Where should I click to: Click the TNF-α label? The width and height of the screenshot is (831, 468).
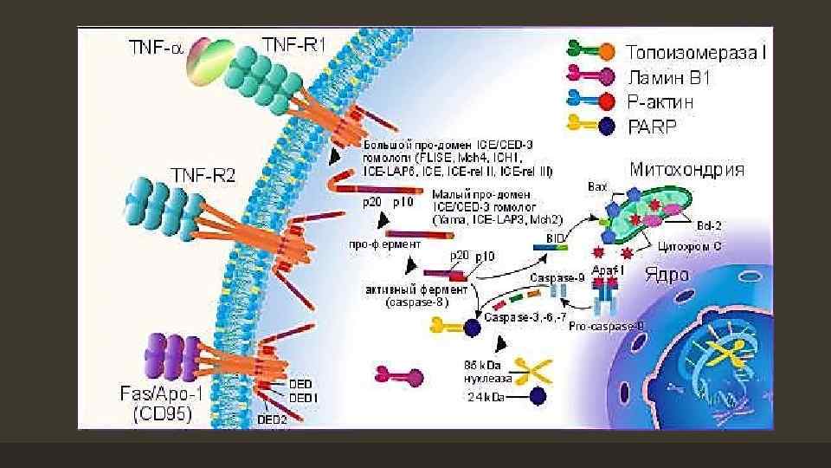point(155,49)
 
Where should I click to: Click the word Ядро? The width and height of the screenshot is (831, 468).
point(667,276)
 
